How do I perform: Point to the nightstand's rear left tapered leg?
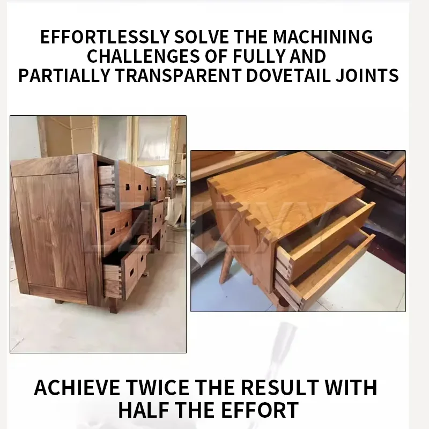click(x=226, y=268)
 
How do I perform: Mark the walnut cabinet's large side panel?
click(x=48, y=231)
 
